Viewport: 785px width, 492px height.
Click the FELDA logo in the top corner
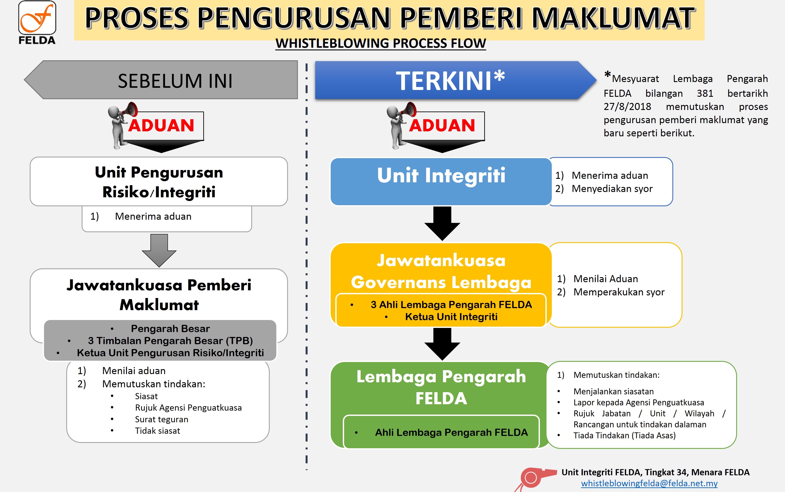click(x=37, y=22)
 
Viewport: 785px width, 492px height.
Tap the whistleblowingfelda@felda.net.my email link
click(x=649, y=483)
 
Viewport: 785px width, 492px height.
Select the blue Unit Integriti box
click(x=441, y=182)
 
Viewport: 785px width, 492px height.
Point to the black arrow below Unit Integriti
click(x=442, y=223)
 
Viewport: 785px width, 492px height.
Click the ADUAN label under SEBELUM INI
click(x=161, y=125)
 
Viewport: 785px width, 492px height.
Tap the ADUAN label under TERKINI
click(x=442, y=125)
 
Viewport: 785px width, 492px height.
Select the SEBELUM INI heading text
click(x=175, y=81)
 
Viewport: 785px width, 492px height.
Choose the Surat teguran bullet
click(x=162, y=419)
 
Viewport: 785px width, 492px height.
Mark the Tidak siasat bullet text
click(x=158, y=431)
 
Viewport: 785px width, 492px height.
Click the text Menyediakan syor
click(x=612, y=189)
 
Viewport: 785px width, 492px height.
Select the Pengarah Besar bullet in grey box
click(x=170, y=328)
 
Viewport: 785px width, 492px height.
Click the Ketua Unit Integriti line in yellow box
click(x=451, y=317)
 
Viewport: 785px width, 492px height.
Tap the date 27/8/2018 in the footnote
click(x=627, y=107)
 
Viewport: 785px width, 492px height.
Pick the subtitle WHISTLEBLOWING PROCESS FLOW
click(x=381, y=43)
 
